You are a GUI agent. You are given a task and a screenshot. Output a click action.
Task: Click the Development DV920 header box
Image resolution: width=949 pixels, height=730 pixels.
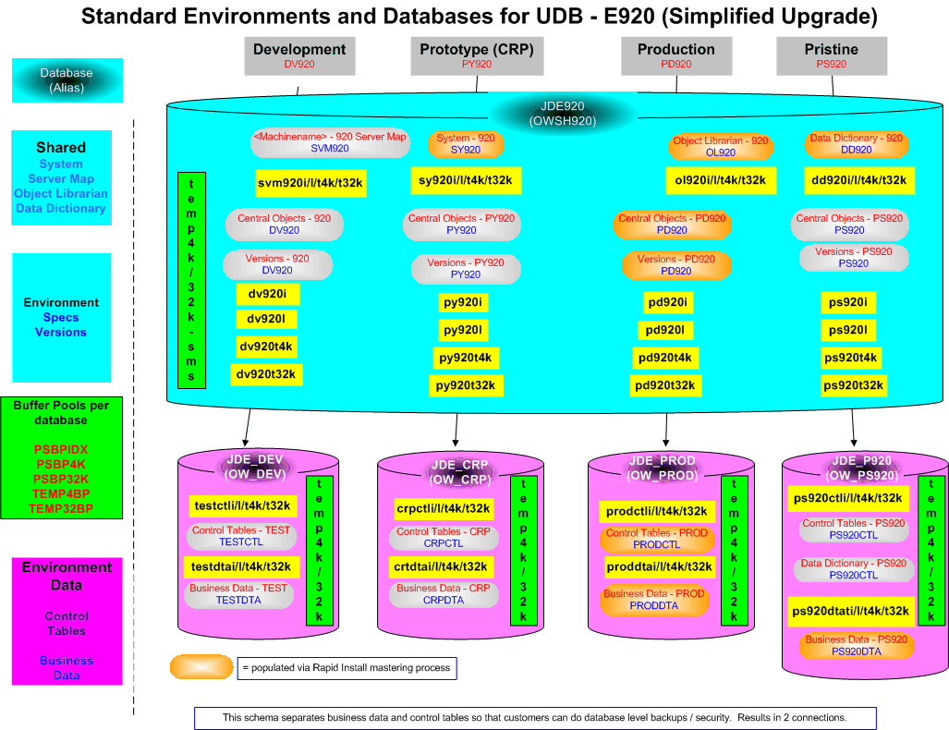tap(298, 55)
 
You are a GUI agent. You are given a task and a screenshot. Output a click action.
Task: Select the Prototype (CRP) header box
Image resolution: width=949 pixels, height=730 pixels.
tap(476, 55)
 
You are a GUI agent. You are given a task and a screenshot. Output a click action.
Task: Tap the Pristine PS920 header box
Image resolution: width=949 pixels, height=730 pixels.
tap(831, 55)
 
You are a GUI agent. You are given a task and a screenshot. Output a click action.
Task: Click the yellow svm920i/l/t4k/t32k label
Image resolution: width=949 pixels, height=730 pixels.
tap(311, 183)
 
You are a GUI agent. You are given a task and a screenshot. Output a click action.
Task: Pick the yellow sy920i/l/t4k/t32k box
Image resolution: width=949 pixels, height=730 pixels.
tap(466, 180)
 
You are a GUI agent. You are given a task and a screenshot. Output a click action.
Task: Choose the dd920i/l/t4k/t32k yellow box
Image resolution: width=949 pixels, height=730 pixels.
tap(858, 180)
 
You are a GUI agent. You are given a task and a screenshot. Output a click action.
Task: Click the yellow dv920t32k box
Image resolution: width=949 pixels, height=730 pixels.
tap(267, 374)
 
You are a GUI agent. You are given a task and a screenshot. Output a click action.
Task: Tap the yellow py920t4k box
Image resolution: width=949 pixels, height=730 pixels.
tap(466, 358)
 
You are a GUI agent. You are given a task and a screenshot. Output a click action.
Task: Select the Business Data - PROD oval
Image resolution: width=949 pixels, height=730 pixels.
tap(653, 600)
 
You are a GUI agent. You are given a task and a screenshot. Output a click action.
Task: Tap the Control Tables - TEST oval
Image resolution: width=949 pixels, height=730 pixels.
tap(240, 536)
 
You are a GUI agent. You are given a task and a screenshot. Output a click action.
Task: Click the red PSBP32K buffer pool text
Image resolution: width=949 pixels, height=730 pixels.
tap(62, 480)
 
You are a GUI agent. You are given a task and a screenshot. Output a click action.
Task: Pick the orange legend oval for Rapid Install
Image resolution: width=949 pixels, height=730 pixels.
tap(201, 666)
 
